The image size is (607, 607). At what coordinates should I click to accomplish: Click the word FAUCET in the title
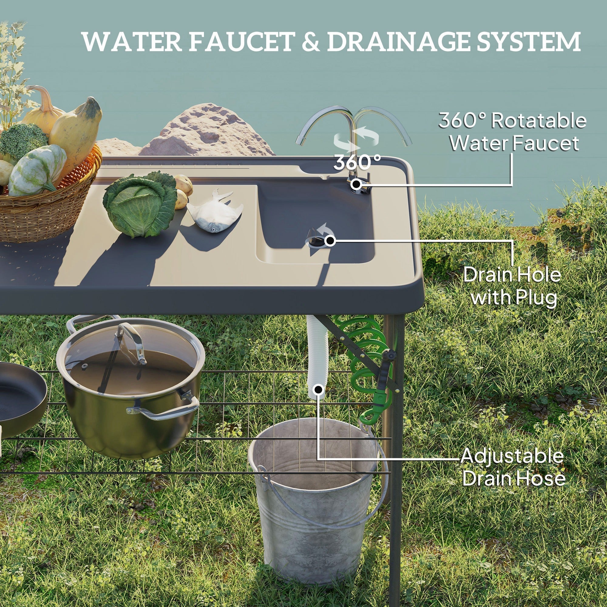coord(241,42)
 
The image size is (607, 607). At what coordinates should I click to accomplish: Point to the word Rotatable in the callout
coord(538,121)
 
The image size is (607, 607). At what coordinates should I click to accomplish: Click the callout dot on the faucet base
coord(356,184)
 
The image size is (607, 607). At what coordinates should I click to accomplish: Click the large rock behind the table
coord(207,132)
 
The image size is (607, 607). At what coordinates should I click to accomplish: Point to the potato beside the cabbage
coord(184,185)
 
